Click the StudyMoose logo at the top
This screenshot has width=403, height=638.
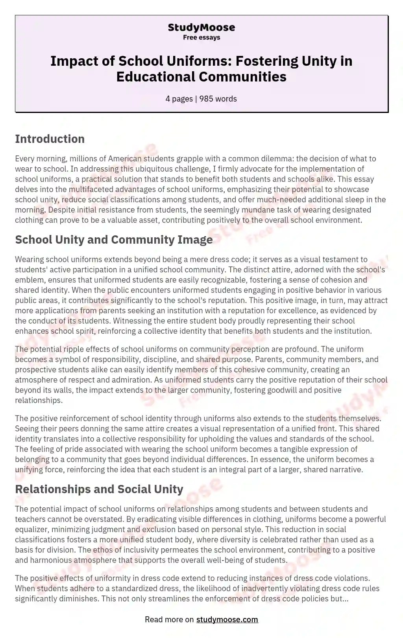click(x=201, y=28)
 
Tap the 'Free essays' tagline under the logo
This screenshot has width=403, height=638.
click(x=201, y=37)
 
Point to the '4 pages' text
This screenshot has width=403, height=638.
click(x=179, y=99)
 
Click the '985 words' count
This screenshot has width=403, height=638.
click(x=218, y=99)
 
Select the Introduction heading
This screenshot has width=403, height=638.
click(x=50, y=139)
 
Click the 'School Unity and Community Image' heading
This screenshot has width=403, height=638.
click(x=114, y=240)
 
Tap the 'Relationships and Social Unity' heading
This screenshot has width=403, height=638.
click(x=99, y=489)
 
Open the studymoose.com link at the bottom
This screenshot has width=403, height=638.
click(x=227, y=620)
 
